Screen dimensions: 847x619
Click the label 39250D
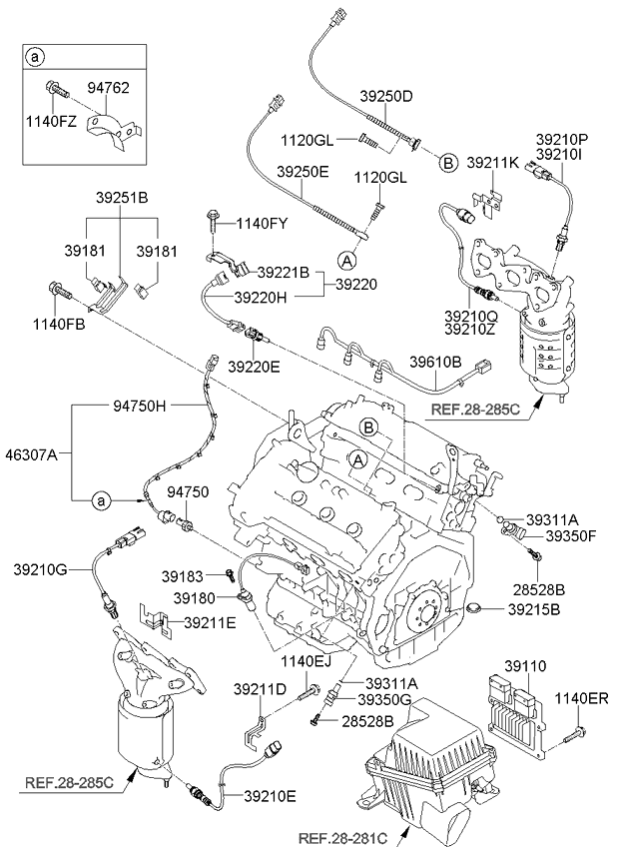[386, 96]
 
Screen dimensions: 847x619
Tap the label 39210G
[40, 569]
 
